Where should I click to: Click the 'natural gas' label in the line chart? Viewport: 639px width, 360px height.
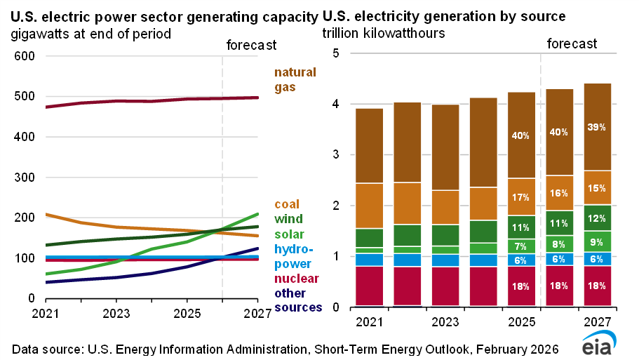(x=295, y=79)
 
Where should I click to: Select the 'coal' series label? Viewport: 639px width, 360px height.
(x=286, y=204)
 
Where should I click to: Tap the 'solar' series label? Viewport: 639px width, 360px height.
(x=290, y=234)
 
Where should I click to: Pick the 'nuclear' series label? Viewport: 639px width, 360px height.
(x=295, y=278)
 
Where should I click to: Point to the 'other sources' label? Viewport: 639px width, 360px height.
(x=298, y=300)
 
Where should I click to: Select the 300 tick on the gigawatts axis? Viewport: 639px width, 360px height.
(x=26, y=178)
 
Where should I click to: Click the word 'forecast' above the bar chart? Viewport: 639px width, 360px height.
(x=572, y=44)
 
